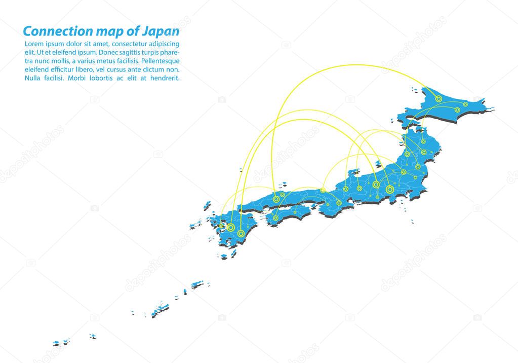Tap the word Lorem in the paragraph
(x=34, y=44)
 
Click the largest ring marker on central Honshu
(x=389, y=189)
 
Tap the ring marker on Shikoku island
(x=275, y=218)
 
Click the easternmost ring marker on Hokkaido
(x=477, y=99)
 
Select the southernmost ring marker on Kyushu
(x=242, y=234)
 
